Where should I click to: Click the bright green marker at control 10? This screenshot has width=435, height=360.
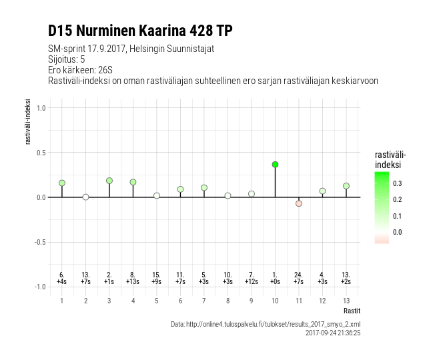275,165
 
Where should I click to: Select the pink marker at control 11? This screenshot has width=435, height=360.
299,203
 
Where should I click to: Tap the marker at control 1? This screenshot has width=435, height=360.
62,183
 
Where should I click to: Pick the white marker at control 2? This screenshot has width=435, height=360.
85,197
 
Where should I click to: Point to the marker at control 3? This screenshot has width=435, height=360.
109,181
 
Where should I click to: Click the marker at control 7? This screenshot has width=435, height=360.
204,188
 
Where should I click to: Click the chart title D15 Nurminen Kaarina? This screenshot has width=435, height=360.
140,31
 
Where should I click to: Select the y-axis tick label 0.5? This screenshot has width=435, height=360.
40,153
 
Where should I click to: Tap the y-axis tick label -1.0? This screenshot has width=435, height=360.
39,287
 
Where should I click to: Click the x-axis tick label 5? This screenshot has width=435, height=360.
157,301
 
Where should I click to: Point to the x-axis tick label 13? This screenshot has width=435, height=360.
346,301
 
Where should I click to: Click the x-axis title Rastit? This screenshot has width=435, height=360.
352,311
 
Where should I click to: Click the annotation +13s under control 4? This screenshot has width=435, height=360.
133,282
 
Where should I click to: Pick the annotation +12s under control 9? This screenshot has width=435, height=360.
252,282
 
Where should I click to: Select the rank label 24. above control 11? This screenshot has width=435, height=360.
299,275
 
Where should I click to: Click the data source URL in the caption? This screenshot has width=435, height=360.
266,324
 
